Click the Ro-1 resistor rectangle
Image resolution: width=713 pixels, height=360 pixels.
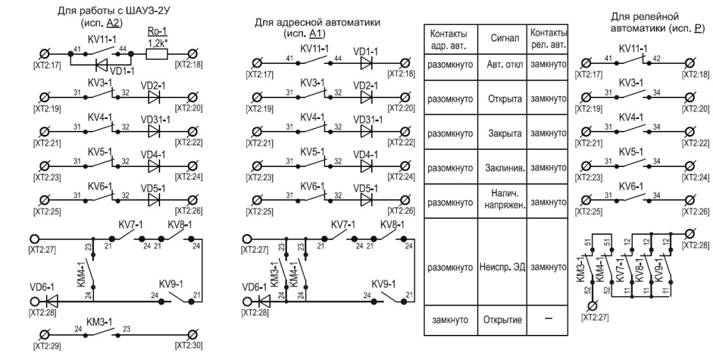tap(157, 54)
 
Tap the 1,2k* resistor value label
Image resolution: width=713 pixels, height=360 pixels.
tap(157, 43)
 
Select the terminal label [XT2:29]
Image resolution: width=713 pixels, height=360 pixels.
tap(47, 346)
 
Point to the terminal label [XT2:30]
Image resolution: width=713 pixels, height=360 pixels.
tap(189, 346)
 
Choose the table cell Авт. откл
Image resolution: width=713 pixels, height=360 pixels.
tap(503, 65)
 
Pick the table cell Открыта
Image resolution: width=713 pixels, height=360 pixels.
tap(503, 99)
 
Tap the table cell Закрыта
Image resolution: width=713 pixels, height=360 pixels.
tap(503, 133)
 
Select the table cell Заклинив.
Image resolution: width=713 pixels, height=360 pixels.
tap(503, 168)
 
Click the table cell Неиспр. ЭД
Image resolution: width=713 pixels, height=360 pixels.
tap(503, 267)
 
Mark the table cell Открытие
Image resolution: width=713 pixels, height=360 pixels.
tap(503, 320)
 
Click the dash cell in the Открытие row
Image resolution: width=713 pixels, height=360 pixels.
tap(549, 319)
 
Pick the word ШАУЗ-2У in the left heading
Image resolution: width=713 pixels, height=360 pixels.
tap(141, 10)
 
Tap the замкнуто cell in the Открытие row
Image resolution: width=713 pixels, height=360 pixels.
tap(450, 320)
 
